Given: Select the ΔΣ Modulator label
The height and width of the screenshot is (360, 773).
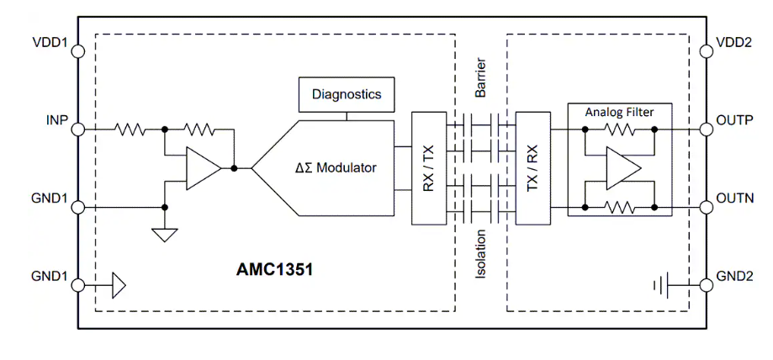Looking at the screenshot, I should point(336,167).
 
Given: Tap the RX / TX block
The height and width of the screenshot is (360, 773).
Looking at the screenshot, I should point(429,167).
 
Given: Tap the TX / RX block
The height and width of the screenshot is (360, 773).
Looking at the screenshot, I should point(532,167).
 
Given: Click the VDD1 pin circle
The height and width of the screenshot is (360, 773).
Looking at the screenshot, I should point(79,50).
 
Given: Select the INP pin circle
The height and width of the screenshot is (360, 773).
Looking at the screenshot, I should point(79,130).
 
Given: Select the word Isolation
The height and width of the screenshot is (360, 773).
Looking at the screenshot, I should point(480,256).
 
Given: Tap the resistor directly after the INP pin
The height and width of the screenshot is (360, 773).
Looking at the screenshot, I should point(130,130).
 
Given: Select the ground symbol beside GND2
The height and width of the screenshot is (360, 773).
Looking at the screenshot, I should point(660,286).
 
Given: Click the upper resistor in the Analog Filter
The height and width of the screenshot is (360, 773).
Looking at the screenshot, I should point(619,130).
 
